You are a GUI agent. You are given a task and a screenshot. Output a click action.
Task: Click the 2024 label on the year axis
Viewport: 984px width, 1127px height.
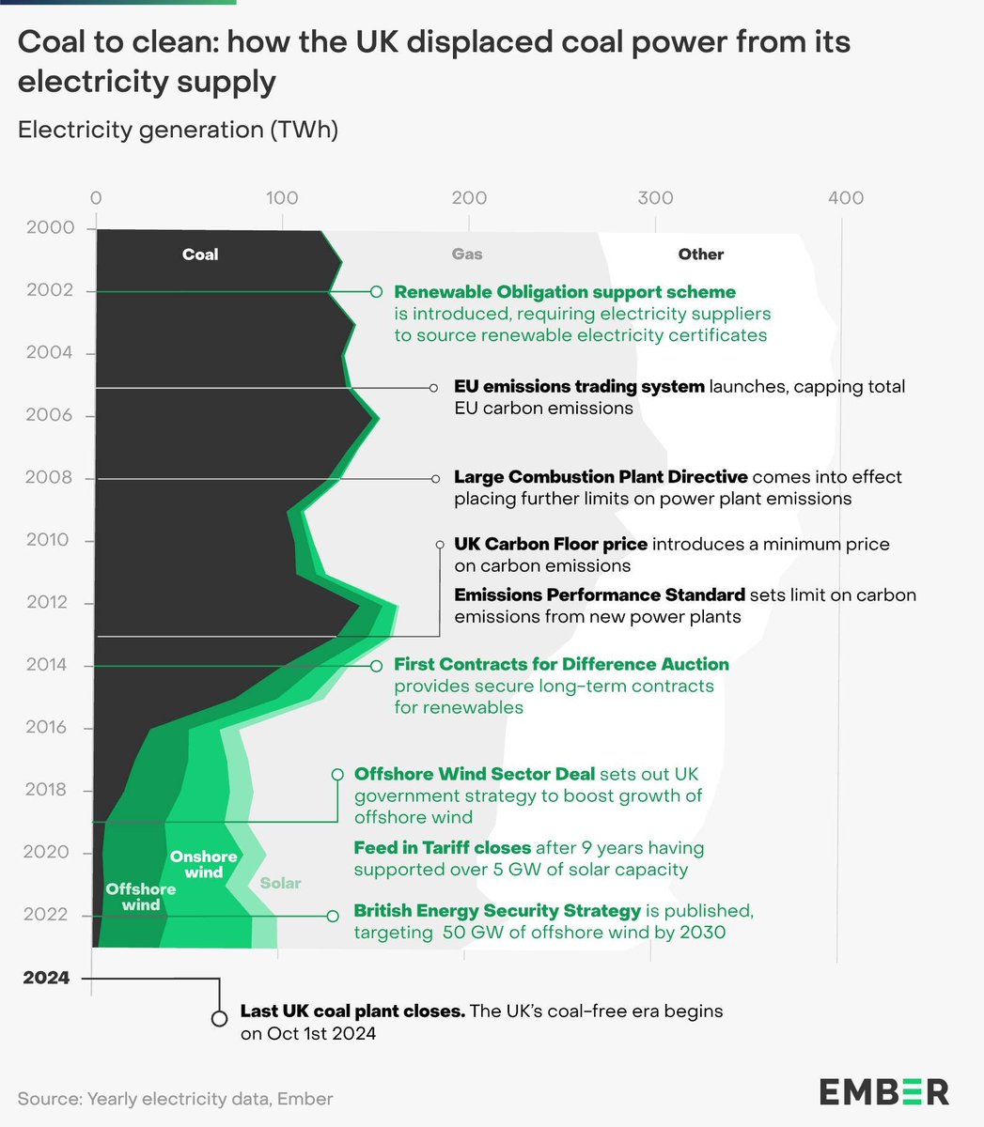pyautogui.click(x=47, y=978)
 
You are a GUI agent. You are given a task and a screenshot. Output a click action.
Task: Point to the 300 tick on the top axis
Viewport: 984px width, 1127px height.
pyautogui.click(x=655, y=198)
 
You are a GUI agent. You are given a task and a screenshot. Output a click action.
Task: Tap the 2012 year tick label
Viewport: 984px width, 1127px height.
pyautogui.click(x=47, y=602)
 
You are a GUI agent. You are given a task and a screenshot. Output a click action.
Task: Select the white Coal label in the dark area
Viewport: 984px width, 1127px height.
pyautogui.click(x=200, y=255)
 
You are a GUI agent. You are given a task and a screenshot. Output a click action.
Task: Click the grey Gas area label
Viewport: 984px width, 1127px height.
pyautogui.click(x=467, y=255)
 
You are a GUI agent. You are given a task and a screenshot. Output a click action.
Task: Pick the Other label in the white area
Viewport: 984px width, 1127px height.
pyautogui.click(x=701, y=255)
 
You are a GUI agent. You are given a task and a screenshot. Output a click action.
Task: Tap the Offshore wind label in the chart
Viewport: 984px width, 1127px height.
pyautogui.click(x=141, y=897)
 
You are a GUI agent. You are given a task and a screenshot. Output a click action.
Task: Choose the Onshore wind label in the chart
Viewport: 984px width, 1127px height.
pyautogui.click(x=203, y=864)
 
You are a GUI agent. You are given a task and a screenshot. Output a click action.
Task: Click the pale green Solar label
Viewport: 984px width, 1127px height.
pyautogui.click(x=280, y=883)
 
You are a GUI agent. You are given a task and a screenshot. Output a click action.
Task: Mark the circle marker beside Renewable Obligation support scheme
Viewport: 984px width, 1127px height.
pyautogui.click(x=376, y=292)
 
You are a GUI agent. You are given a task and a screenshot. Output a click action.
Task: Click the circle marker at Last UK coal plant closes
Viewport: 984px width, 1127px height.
pyautogui.click(x=219, y=1018)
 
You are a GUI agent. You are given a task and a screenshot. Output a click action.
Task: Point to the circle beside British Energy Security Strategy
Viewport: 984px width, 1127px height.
pyautogui.click(x=332, y=916)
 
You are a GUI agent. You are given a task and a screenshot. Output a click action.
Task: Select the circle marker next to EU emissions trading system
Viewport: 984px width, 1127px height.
pyautogui.click(x=434, y=387)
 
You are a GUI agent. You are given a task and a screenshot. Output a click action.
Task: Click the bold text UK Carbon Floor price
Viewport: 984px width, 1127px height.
pyautogui.click(x=551, y=545)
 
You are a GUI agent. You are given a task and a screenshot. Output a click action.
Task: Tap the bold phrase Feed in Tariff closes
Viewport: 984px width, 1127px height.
pyautogui.click(x=443, y=848)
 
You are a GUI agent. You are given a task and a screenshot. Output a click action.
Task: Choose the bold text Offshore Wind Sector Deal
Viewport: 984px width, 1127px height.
pyautogui.click(x=475, y=774)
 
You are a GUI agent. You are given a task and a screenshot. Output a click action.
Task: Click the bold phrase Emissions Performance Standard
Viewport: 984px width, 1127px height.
pyautogui.click(x=600, y=595)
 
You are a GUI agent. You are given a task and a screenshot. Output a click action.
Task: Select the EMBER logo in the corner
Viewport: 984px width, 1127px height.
pyautogui.click(x=883, y=1091)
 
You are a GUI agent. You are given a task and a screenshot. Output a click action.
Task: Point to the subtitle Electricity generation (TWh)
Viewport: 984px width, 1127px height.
pyautogui.click(x=178, y=130)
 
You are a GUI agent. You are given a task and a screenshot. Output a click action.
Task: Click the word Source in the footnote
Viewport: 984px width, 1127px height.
pyautogui.click(x=48, y=1098)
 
